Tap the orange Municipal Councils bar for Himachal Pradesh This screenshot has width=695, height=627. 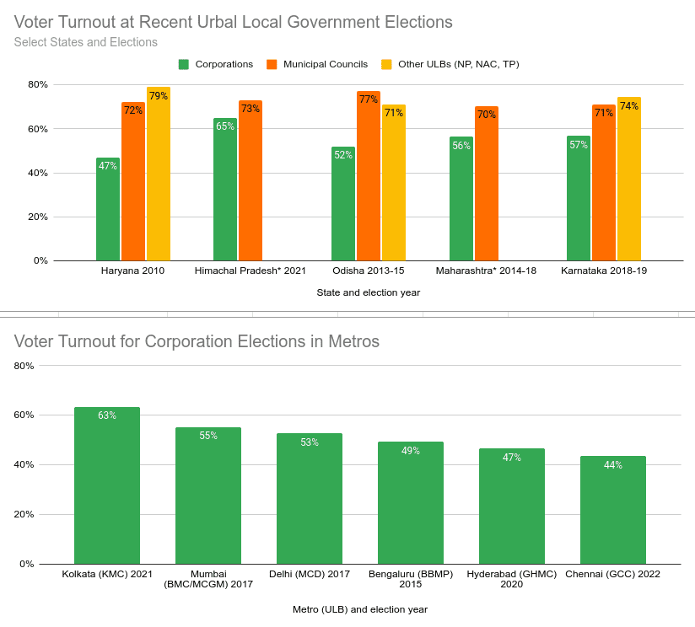tap(251, 181)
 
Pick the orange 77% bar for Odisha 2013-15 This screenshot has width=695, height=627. tap(369, 176)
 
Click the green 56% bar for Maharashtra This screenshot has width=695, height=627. tap(461, 199)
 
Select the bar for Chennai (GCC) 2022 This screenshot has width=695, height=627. tap(613, 510)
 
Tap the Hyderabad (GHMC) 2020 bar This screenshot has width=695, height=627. tap(512, 506)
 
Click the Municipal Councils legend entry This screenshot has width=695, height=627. tap(325, 64)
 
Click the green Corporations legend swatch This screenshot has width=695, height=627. tap(184, 64)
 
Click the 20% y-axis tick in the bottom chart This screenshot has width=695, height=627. tap(24, 515)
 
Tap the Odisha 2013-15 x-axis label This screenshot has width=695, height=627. tap(369, 271)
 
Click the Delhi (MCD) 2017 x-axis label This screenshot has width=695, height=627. tap(310, 575)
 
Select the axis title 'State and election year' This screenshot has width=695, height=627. tap(369, 292)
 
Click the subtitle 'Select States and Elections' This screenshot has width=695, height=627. tap(86, 42)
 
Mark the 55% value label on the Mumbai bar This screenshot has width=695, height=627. tap(208, 436)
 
